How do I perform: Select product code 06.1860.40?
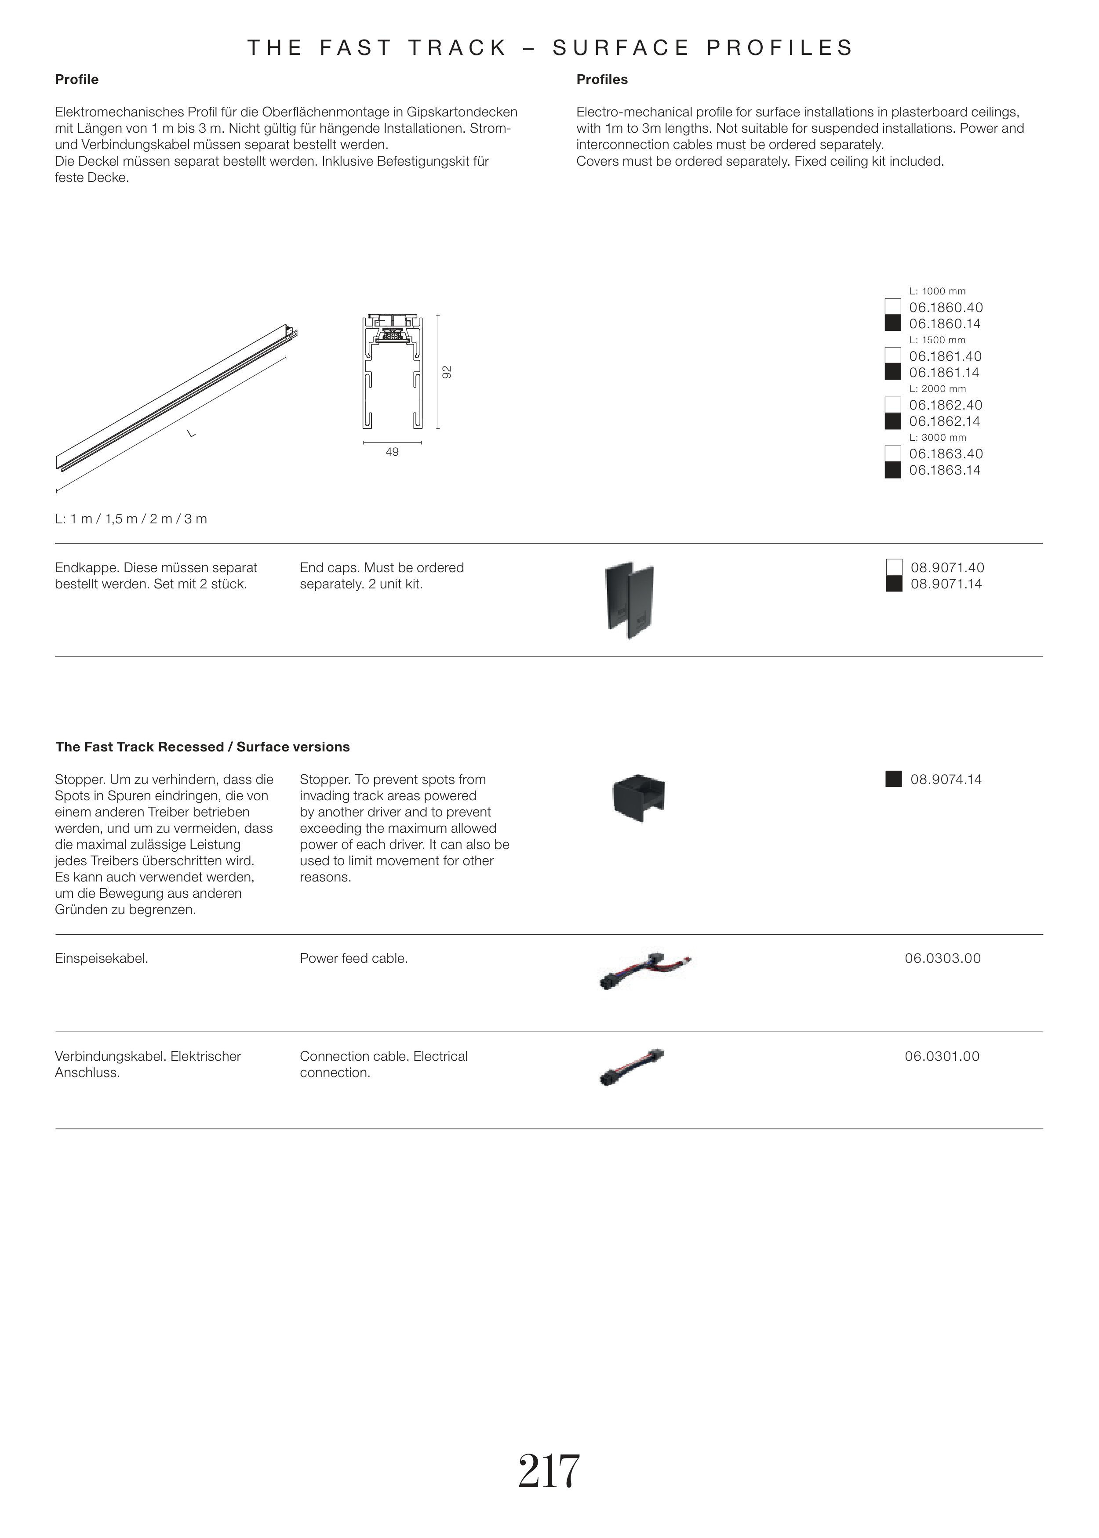pyautogui.click(x=946, y=308)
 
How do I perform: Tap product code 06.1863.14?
pyautogui.click(x=945, y=470)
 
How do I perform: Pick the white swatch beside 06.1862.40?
pyautogui.click(x=892, y=404)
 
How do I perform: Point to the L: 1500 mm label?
pyautogui.click(x=937, y=340)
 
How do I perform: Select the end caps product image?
pyautogui.click(x=630, y=599)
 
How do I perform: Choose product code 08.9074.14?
pyautogui.click(x=946, y=779)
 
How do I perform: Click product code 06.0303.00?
pyautogui.click(x=943, y=958)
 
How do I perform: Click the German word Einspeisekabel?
pyautogui.click(x=102, y=958)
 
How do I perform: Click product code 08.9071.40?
pyautogui.click(x=947, y=567)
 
